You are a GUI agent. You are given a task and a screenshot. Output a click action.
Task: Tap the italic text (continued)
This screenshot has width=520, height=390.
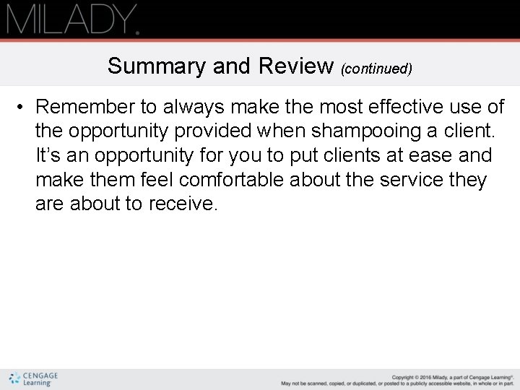tap(376, 69)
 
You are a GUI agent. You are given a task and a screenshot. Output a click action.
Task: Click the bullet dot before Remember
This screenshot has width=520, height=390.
tap(23, 108)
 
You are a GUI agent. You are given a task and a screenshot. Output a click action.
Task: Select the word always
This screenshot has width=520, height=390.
tap(197, 108)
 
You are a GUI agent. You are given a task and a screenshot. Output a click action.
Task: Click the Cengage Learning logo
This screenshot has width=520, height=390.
tap(34, 379)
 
